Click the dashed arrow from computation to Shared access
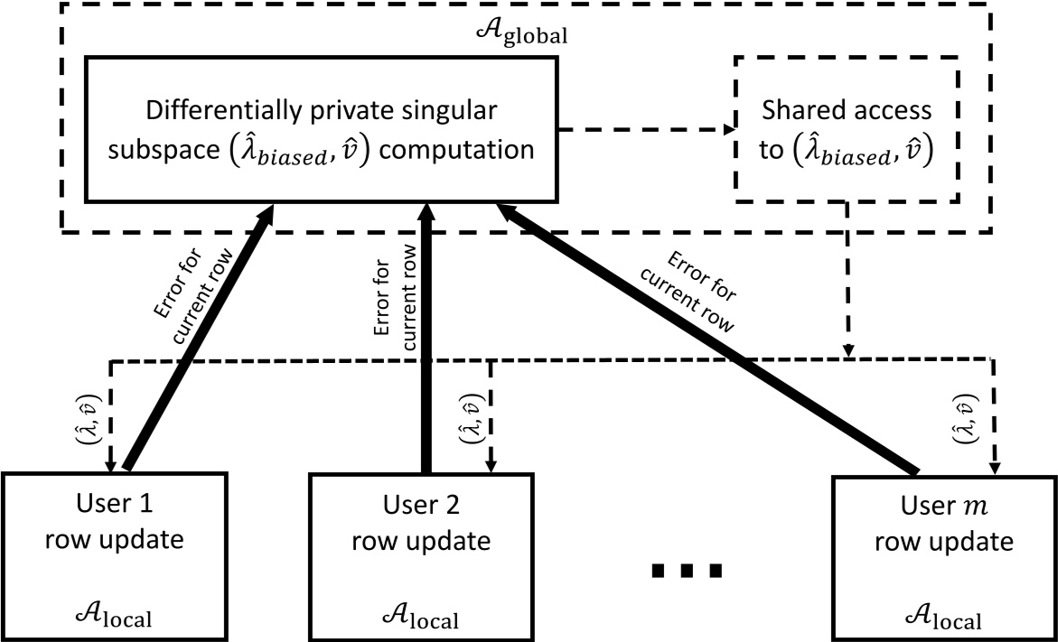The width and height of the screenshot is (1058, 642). click(x=645, y=129)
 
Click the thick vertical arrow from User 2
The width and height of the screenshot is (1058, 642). click(x=424, y=343)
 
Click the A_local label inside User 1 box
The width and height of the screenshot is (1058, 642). click(x=113, y=618)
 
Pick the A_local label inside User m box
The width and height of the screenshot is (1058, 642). click(x=941, y=618)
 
